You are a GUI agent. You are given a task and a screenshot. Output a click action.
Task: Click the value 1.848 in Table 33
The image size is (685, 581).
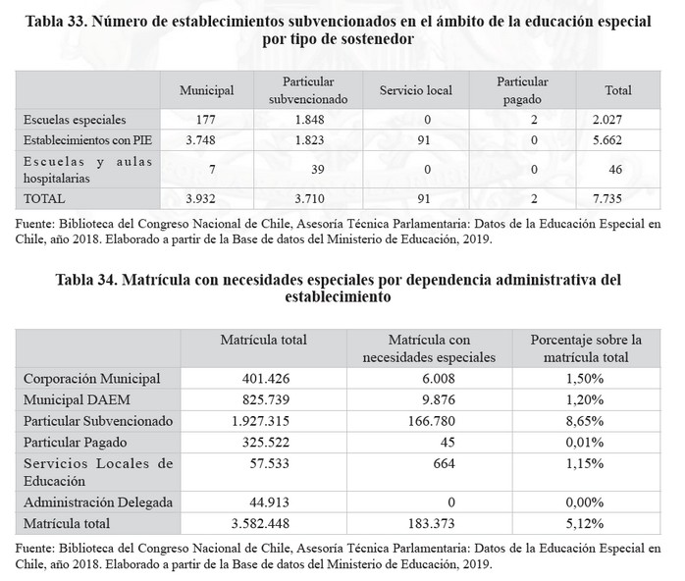tap(309, 120)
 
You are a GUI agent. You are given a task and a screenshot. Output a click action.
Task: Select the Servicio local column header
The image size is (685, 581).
tap(415, 91)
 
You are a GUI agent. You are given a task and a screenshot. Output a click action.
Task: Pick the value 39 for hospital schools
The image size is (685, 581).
tap(309, 169)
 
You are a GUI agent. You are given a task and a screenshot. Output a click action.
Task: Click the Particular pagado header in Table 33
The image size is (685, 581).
tap(522, 91)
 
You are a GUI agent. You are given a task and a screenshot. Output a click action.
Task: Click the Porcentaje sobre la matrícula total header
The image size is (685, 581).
tap(586, 348)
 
